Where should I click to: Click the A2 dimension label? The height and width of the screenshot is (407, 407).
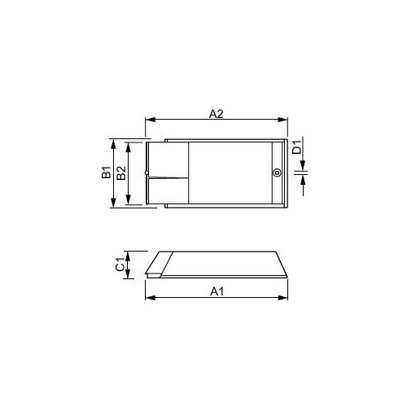217,114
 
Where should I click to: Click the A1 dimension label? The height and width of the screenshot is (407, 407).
217,291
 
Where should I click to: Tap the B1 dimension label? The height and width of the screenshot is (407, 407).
107,173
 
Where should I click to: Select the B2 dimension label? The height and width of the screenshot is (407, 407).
121,173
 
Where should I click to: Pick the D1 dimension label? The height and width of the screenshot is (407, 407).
297,147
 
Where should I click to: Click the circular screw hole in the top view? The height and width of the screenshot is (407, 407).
277,173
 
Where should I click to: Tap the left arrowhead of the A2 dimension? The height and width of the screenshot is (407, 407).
150,120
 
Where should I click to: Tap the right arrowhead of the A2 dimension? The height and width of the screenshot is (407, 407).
282,120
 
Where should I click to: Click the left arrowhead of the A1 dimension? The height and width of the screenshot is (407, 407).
150,298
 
